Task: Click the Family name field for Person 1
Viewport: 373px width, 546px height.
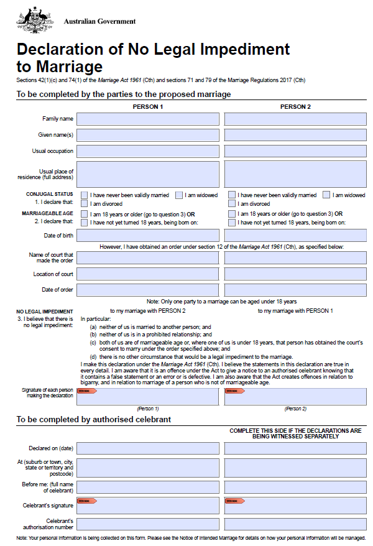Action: tap(147, 118)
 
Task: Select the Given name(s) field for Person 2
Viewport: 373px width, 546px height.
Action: tap(295, 135)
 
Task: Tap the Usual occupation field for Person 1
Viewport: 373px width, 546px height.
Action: tap(147, 151)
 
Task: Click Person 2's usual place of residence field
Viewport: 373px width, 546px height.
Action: tap(295, 174)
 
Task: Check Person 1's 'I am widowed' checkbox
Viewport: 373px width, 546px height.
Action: tap(179, 195)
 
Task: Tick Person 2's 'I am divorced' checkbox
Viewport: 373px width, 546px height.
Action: tap(232, 203)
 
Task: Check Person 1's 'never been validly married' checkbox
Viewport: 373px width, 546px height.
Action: tap(84, 195)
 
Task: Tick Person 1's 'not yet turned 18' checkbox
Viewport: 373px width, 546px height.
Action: tap(84, 223)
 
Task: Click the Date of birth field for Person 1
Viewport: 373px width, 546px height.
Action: tap(147, 236)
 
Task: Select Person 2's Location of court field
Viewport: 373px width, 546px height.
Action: tap(295, 274)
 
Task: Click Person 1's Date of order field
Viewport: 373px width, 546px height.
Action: tap(147, 290)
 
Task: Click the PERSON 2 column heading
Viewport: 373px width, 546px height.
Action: tap(295, 107)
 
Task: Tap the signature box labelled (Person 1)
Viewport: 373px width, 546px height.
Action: tap(147, 396)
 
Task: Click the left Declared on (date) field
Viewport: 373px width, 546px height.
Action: tap(147, 448)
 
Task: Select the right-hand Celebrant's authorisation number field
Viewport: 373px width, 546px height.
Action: tap(295, 524)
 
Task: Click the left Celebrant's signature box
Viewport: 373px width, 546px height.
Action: tap(147, 506)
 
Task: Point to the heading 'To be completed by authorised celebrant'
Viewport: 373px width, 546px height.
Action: tap(93, 420)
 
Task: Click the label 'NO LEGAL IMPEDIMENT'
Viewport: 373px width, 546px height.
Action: tap(45, 312)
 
